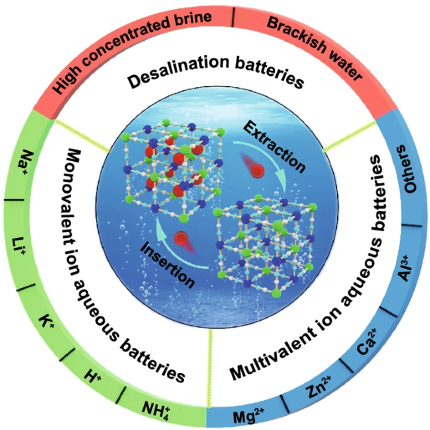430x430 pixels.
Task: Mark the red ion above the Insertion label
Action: click(x=182, y=238)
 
